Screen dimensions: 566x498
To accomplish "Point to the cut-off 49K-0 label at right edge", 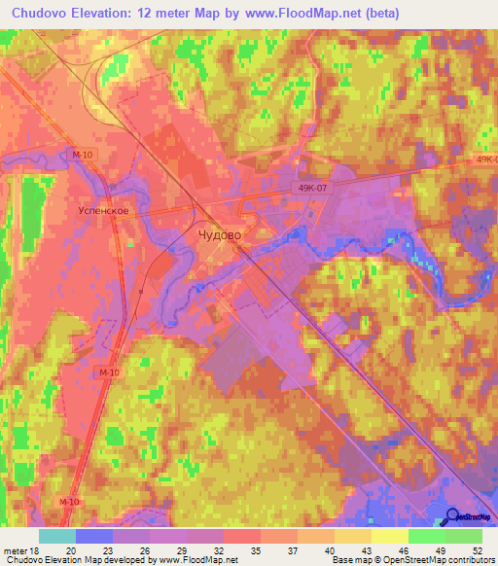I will pyautogui.click(x=485, y=159).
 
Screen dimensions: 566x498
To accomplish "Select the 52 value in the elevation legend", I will pyautogui.click(x=476, y=549).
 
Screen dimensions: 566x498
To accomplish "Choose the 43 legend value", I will pyautogui.click(x=367, y=549).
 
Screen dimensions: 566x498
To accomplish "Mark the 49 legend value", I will pyautogui.click(x=440, y=549).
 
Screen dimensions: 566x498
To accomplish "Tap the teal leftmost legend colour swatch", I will pyautogui.click(x=56, y=536).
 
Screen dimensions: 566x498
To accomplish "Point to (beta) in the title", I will pyautogui.click(x=378, y=14).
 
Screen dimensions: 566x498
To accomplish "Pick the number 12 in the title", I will pyautogui.click(x=148, y=14).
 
